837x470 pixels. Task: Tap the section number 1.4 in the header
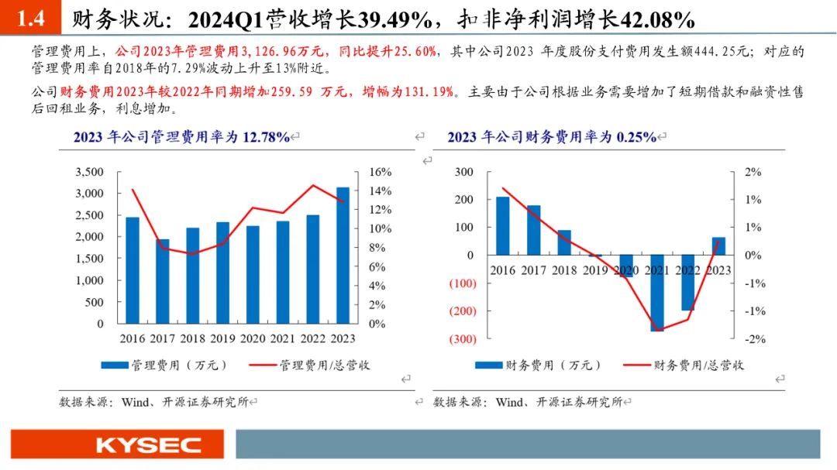(x=31, y=19)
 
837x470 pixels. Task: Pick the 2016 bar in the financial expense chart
(x=503, y=226)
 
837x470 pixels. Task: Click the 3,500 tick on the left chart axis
(x=88, y=172)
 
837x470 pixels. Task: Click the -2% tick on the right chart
(x=755, y=339)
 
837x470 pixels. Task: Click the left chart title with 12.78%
(x=181, y=137)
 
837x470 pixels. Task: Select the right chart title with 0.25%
(x=552, y=137)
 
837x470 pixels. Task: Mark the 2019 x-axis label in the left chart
(x=222, y=339)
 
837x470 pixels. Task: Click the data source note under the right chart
(x=528, y=402)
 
